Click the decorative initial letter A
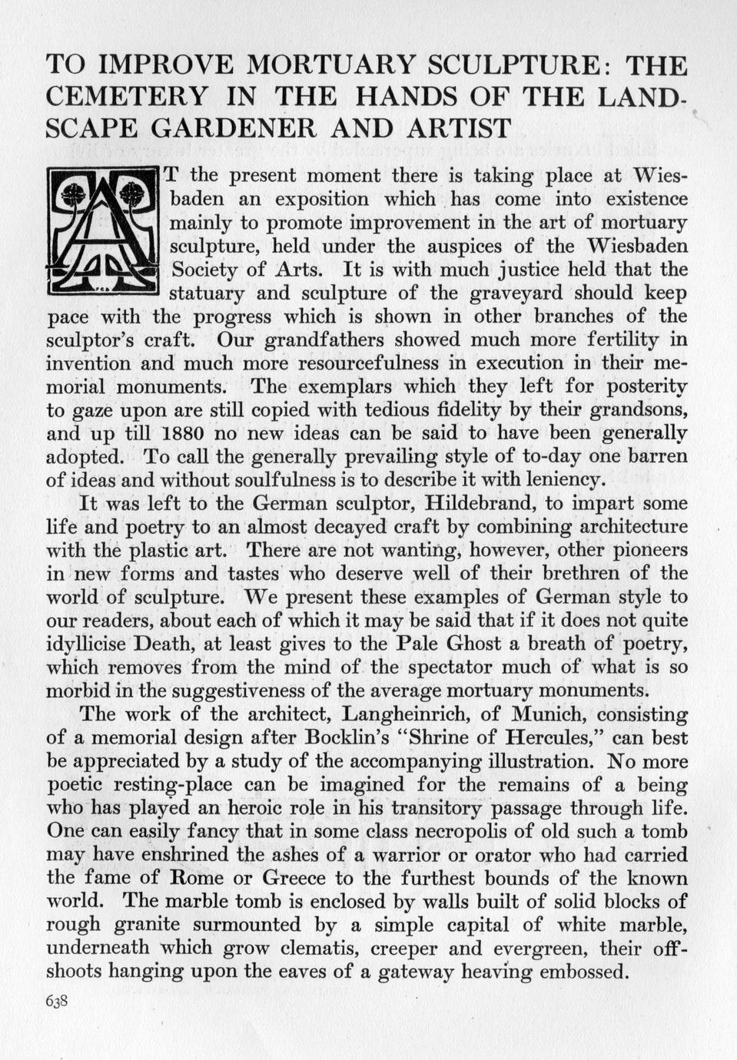pyautogui.click(x=103, y=231)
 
